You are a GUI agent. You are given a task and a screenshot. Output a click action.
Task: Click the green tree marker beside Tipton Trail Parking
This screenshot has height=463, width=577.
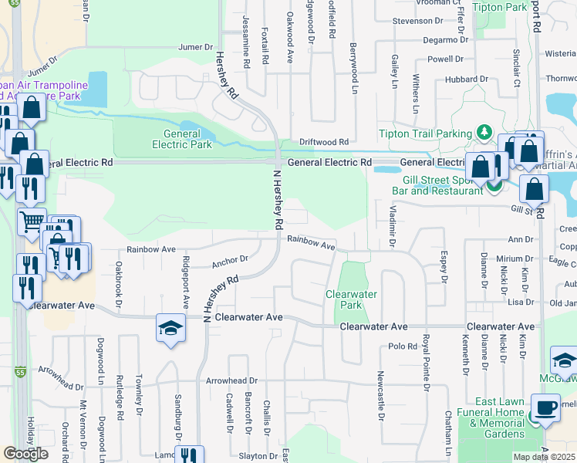484,133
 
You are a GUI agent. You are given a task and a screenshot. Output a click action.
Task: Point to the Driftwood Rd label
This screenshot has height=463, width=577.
324,142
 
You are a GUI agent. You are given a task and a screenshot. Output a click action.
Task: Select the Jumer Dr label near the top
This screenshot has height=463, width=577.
195,47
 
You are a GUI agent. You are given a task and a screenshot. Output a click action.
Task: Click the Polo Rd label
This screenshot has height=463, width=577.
402,346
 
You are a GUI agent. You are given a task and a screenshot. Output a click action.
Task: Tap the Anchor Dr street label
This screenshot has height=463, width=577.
229,261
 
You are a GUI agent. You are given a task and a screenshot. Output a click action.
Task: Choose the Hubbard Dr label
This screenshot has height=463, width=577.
462,79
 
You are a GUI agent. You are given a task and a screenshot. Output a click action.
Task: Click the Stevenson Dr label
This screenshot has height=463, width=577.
416,22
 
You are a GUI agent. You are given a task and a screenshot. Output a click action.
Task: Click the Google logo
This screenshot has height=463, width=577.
26,453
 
